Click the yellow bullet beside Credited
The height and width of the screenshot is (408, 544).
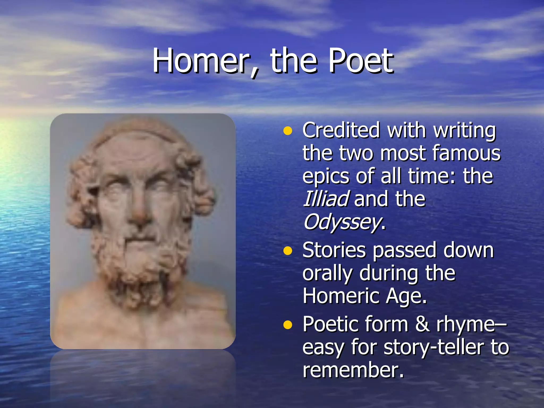pos(287,131)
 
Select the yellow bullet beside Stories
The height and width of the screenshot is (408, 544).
pos(287,251)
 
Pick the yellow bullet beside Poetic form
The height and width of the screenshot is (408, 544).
pos(287,325)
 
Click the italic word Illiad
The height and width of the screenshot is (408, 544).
pos(326,199)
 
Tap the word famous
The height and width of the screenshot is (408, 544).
pos(466,153)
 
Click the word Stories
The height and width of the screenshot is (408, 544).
pos(334,250)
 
